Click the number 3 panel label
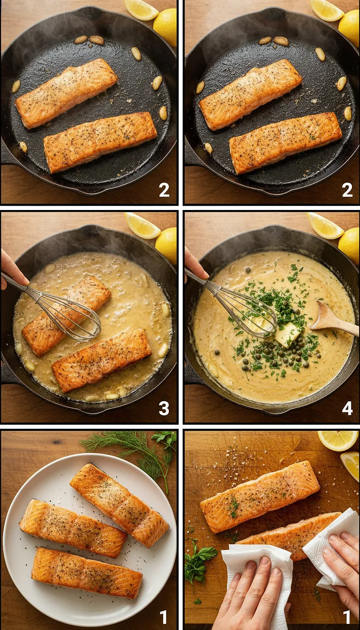tap(164, 409)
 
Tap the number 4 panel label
tap(347, 409)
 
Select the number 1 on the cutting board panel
tap(347, 617)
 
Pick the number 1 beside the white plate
tap(164, 617)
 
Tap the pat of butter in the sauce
tap(287, 334)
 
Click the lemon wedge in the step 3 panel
tap(142, 226)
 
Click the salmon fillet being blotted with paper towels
tap(291, 534)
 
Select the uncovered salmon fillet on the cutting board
tap(260, 495)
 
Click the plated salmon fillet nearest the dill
tap(120, 504)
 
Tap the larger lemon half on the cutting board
tap(337, 440)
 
